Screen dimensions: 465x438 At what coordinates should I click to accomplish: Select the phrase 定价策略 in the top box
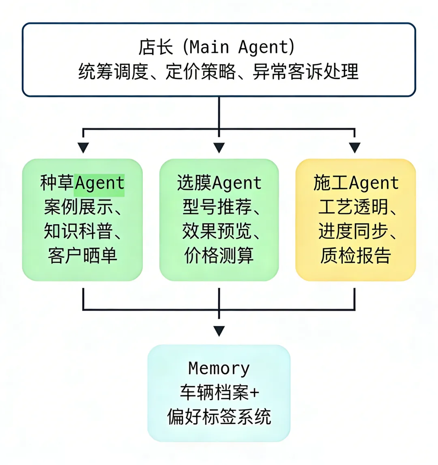(x=200, y=72)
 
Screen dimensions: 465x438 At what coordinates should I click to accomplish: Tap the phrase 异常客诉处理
(x=305, y=72)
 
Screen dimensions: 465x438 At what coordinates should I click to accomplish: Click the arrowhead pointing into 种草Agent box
(x=83, y=148)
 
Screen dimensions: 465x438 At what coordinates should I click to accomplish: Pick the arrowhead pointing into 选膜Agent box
(x=219, y=148)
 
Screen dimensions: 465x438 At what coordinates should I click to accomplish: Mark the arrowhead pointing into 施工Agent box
(x=355, y=148)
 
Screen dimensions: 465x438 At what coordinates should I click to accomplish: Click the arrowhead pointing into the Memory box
(x=219, y=331)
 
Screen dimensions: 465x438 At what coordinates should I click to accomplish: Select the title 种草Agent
(x=82, y=183)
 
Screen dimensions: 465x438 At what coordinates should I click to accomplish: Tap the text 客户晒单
(x=82, y=256)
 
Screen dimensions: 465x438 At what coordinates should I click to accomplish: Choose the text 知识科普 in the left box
(x=78, y=231)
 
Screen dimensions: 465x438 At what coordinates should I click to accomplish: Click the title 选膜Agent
(x=219, y=183)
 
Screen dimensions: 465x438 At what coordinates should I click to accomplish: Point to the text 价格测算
(x=219, y=256)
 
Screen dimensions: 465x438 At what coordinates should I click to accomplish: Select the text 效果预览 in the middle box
(x=217, y=231)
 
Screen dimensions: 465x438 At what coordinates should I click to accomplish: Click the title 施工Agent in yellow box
(x=356, y=183)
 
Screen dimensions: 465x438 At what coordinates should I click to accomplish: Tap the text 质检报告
(x=356, y=256)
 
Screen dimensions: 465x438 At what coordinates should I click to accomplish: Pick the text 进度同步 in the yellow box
(x=353, y=231)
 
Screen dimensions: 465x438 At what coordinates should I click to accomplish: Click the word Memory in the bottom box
(x=219, y=369)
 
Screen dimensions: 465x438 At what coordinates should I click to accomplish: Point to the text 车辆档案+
(x=219, y=393)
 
